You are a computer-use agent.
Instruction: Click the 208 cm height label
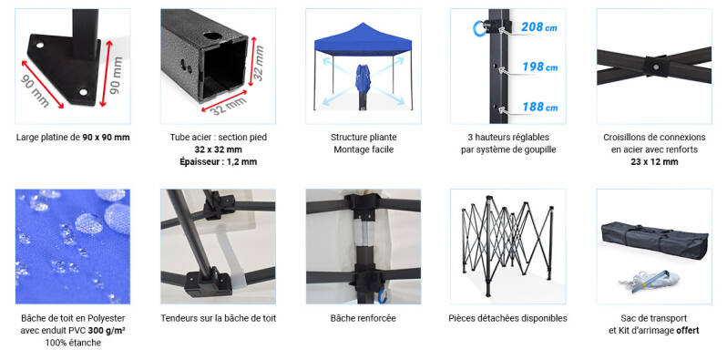pos(538,27)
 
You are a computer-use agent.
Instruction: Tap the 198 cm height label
pos(539,67)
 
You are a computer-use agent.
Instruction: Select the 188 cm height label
pos(539,108)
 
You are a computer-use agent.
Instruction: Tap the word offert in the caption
pos(688,330)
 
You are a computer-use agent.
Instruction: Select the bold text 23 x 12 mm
pos(654,162)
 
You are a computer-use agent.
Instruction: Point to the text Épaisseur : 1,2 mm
pos(218,162)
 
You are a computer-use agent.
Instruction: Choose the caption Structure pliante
pos(363,138)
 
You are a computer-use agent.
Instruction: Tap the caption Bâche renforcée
pos(363,318)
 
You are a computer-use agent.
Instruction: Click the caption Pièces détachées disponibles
pos(507,318)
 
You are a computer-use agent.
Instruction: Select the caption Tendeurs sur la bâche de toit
pos(219,318)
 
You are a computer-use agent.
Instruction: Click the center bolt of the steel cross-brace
pos(657,67)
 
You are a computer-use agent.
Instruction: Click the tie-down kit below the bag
pos(649,281)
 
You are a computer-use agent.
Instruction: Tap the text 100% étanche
pos(73,344)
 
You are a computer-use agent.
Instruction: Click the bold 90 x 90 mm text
pos(107,138)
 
